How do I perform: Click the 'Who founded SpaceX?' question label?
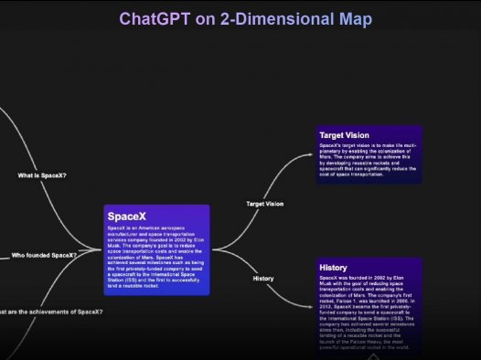pos(44,255)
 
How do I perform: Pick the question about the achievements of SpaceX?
pos(51,312)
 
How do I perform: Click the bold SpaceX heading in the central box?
pos(126,216)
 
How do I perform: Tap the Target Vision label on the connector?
pos(265,204)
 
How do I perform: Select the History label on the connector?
pos(262,278)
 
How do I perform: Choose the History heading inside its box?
pos(334,267)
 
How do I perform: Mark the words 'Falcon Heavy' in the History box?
pos(365,341)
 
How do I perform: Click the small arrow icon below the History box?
pos(372,356)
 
